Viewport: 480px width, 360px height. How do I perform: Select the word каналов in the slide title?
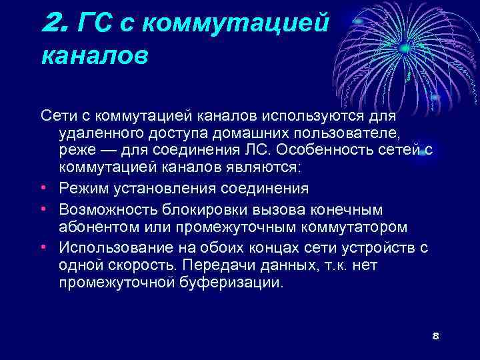point(94,56)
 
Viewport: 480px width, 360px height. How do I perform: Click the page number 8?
point(435,335)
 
